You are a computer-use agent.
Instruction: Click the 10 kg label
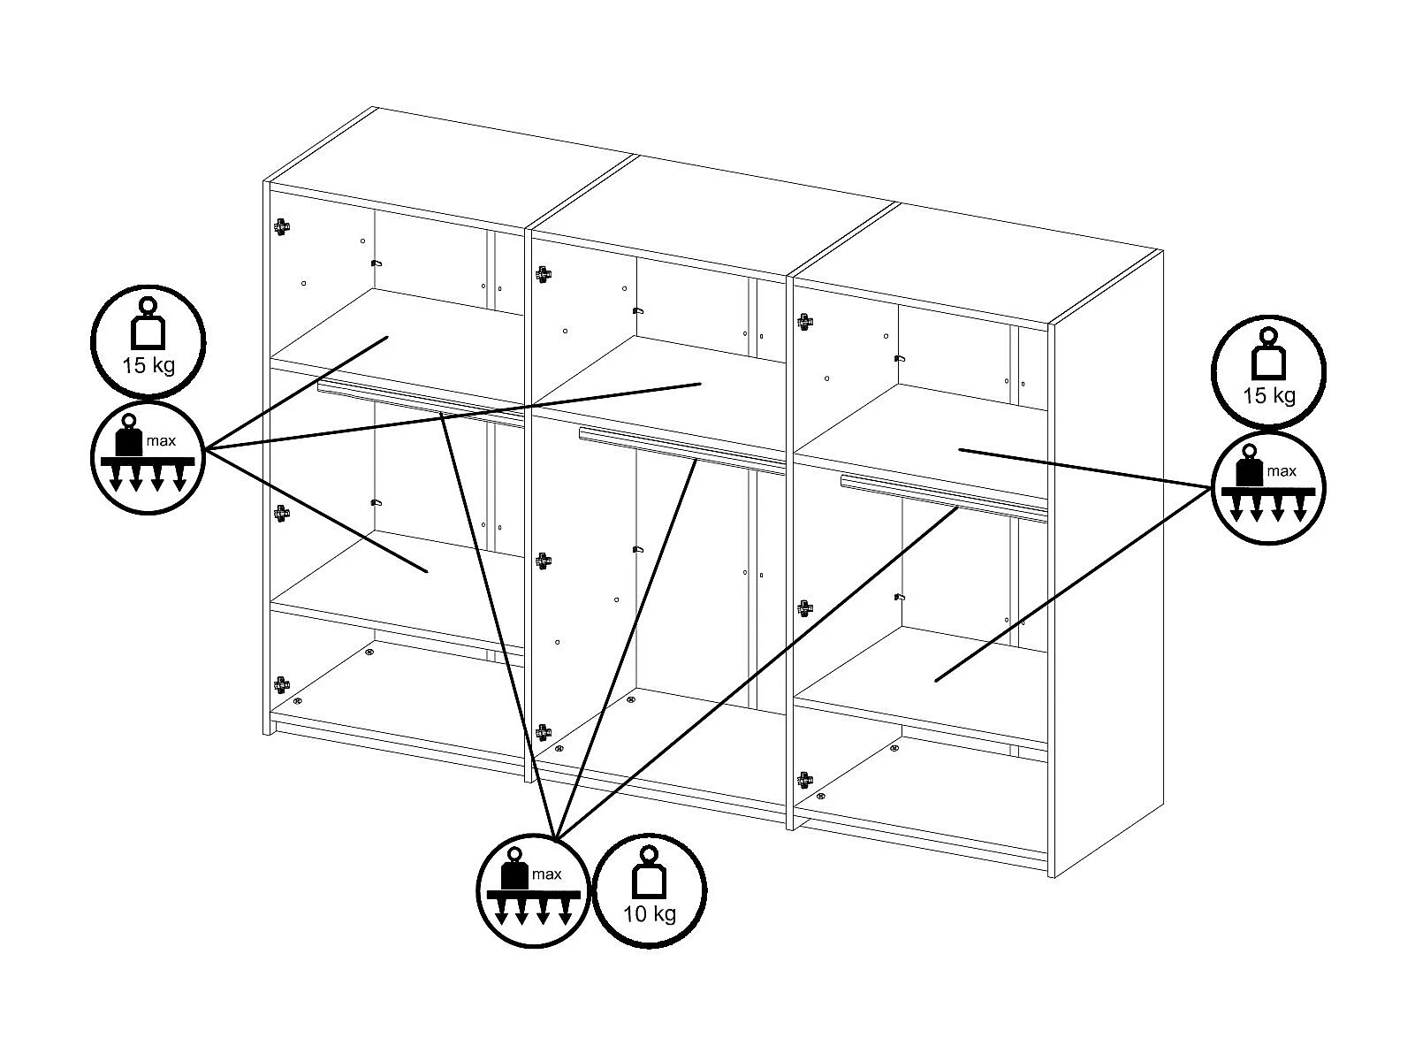[649, 914]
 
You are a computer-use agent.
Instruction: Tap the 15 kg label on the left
[148, 365]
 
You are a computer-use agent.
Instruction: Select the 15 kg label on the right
[1268, 396]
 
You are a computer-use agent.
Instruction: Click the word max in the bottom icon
[547, 874]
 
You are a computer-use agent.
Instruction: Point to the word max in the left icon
[161, 441]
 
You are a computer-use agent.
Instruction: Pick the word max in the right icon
[1282, 471]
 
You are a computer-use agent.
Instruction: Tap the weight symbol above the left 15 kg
[148, 324]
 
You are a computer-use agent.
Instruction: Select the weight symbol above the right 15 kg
[1268, 354]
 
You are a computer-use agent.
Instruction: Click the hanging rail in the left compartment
[421, 404]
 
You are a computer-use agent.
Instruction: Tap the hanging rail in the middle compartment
[682, 451]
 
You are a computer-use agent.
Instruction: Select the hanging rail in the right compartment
[944, 499]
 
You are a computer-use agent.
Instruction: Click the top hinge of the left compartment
[282, 227]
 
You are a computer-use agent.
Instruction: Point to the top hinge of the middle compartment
[544, 275]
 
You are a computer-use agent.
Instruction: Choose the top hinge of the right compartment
[805, 322]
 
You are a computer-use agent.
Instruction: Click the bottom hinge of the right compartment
[805, 781]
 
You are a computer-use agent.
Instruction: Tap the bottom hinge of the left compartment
[282, 685]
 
